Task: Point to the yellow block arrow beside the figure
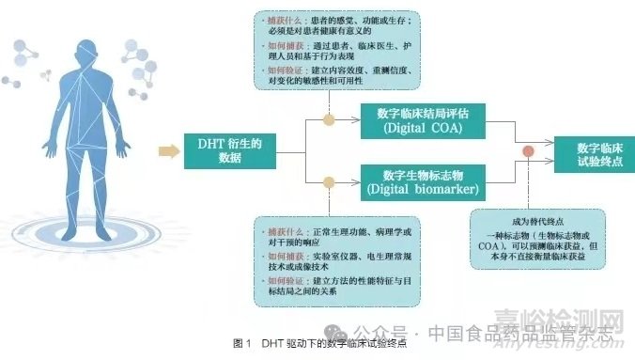click(x=169, y=151)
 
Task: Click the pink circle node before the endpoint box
click(x=529, y=152)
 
